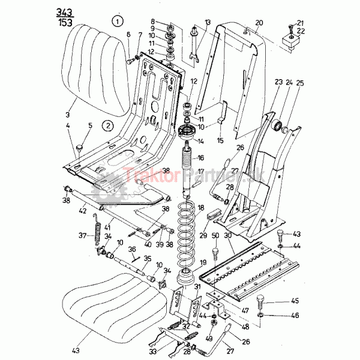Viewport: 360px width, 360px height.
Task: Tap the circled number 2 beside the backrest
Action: pyautogui.click(x=107, y=126)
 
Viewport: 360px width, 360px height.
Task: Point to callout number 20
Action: pyautogui.click(x=259, y=23)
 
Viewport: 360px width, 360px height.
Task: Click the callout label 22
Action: pyautogui.click(x=301, y=31)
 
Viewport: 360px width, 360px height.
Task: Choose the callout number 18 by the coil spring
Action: pyautogui.click(x=201, y=207)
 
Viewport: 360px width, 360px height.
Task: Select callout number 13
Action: pyautogui.click(x=208, y=22)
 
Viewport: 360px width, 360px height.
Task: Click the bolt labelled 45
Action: pyautogui.click(x=260, y=300)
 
